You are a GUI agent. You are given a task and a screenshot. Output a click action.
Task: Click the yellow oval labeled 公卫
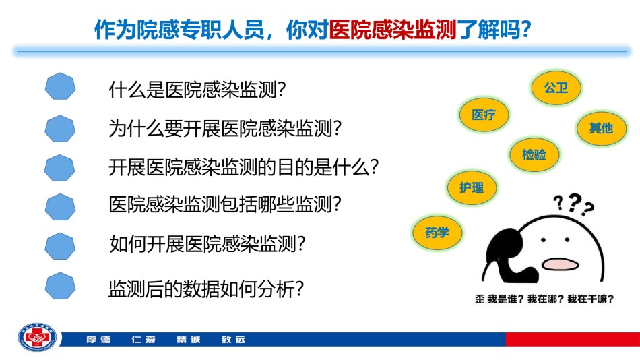[x=556, y=88]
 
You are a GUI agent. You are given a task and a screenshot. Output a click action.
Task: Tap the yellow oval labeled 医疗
[x=484, y=115]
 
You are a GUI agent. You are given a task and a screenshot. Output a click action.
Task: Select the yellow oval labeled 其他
[x=601, y=128]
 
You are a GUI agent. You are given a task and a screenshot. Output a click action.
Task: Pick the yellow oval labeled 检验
[x=534, y=154]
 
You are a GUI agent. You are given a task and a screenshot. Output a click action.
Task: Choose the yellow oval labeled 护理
[x=472, y=187]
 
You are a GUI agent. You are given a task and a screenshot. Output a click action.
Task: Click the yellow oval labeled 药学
[x=437, y=233]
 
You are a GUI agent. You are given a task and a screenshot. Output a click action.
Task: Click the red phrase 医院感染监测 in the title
[x=392, y=30]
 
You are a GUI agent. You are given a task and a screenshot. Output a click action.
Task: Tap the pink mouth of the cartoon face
[x=561, y=264]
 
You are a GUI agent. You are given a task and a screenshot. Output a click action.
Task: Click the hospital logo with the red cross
[x=37, y=338]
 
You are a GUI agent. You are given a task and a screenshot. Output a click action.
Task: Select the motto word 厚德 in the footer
[x=98, y=340]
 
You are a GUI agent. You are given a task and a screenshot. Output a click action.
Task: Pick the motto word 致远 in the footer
[x=233, y=340]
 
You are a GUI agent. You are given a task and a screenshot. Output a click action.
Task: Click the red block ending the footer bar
[x=573, y=339]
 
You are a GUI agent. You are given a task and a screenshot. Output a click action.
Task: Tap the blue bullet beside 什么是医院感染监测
[x=60, y=86]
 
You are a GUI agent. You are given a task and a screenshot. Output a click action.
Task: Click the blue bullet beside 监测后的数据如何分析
[x=60, y=286]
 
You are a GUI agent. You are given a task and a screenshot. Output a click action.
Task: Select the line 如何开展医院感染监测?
[x=207, y=244]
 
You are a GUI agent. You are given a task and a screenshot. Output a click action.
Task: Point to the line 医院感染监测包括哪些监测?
[x=225, y=204]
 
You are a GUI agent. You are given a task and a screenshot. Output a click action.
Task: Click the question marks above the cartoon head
[x=573, y=204]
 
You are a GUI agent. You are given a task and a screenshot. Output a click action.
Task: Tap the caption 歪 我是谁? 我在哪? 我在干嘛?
[x=544, y=299]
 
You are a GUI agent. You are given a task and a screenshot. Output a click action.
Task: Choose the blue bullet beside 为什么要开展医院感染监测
[x=60, y=128]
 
